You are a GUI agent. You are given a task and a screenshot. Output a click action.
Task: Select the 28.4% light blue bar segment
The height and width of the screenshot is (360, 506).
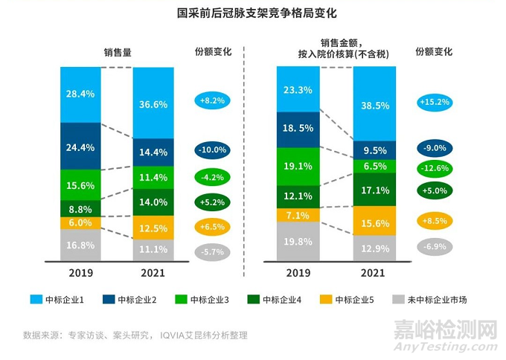[80, 94]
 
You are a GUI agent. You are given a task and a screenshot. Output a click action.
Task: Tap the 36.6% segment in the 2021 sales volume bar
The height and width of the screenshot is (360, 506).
[153, 103]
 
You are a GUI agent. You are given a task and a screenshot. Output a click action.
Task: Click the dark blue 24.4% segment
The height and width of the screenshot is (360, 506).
[80, 147]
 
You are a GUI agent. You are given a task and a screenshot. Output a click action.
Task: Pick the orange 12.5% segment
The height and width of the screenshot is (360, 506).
[153, 227]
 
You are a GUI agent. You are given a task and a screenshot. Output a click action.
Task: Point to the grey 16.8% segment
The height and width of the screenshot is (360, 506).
[80, 245]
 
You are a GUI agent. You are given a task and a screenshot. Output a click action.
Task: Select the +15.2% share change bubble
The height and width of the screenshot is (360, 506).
[438, 101]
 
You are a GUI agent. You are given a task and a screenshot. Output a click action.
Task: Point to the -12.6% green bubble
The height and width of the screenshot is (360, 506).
[438, 167]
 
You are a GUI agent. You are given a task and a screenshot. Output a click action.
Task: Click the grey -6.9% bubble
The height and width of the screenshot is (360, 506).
[438, 245]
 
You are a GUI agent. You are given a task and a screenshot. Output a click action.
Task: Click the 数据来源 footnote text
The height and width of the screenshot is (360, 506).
[135, 335]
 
